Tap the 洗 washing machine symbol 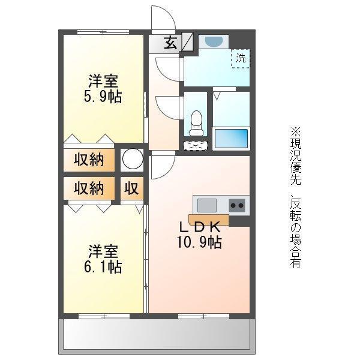point(240,58)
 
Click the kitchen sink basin point(208,205)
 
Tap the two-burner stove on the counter point(237,205)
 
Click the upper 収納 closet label point(89,160)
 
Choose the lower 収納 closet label point(89,188)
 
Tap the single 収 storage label point(131,188)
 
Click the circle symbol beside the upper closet point(132,160)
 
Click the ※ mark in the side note point(295,130)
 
